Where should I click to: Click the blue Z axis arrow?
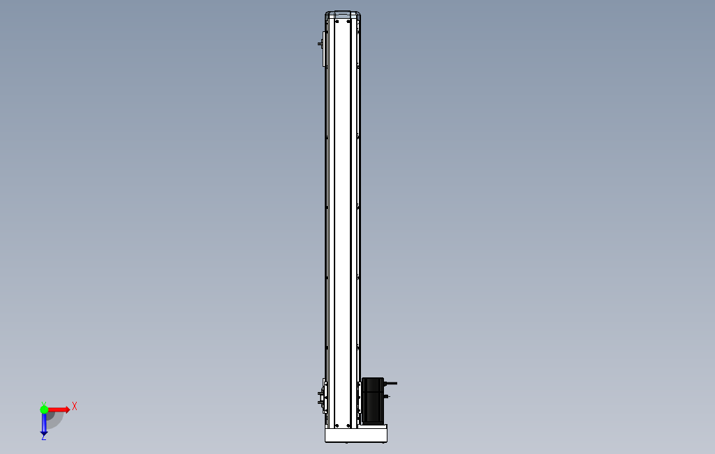[44, 423]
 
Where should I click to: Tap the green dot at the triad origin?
[44, 409]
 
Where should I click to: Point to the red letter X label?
[75, 406]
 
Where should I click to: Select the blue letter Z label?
[44, 437]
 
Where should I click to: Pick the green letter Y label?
[44, 404]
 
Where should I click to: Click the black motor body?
[373, 400]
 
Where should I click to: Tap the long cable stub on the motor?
[391, 384]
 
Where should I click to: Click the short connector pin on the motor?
[387, 396]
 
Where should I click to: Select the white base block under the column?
[356, 434]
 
